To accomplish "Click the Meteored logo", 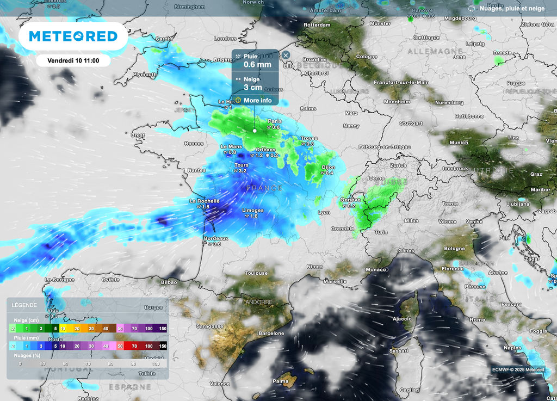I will [x=73, y=36].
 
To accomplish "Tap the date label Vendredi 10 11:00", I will [x=73, y=60].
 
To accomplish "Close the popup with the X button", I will [x=286, y=55].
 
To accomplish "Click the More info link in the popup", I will [x=257, y=100].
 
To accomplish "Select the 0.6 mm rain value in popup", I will [x=257, y=65].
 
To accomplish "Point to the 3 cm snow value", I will [x=252, y=87].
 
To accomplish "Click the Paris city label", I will [x=275, y=121].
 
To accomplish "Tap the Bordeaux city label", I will [x=215, y=238].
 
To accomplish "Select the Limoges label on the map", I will [x=252, y=210].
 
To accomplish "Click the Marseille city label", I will [x=335, y=281].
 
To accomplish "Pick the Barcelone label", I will [x=271, y=333].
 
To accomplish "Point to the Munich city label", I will [x=459, y=143].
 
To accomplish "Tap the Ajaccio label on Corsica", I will [x=402, y=318].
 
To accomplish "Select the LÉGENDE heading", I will [x=24, y=305].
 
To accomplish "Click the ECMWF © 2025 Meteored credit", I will [x=518, y=369].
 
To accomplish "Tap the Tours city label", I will [x=241, y=165].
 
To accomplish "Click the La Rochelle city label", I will [x=204, y=201].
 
